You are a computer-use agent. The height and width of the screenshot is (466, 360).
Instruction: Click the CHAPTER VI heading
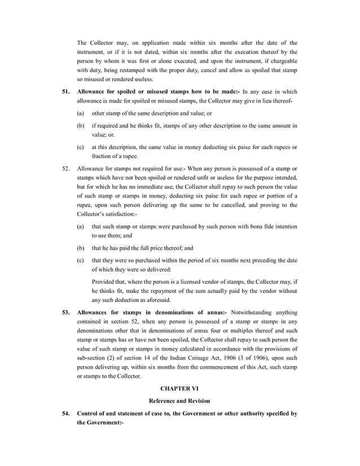(179, 389)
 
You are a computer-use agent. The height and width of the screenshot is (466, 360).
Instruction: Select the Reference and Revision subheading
(179, 401)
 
